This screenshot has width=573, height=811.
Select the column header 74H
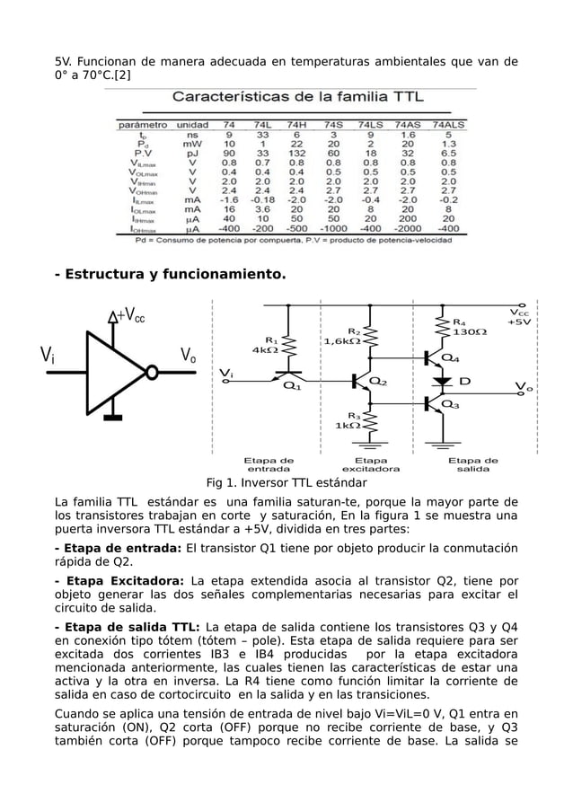pyautogui.click(x=296, y=125)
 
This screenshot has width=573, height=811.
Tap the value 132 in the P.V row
pyautogui.click(x=296, y=153)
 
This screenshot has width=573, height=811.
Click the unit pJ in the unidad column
pyautogui.click(x=192, y=153)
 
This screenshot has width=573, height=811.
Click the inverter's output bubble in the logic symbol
pyautogui.click(x=154, y=371)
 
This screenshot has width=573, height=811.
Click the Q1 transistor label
pyautogui.click(x=292, y=387)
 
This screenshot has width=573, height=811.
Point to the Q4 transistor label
pyautogui.click(x=452, y=357)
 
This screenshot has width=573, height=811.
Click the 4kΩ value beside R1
pyautogui.click(x=265, y=350)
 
